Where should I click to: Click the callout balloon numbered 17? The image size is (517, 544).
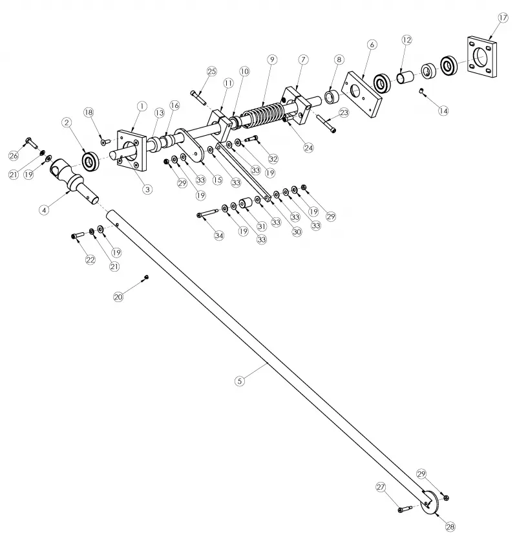click(503, 17)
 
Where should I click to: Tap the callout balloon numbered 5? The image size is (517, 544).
click(240, 381)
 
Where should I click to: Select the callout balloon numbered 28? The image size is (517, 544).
click(450, 527)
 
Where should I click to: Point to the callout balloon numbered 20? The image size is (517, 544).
click(118, 297)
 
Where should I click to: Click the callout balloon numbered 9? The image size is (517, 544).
click(272, 60)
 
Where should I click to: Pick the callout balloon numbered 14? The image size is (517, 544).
click(443, 111)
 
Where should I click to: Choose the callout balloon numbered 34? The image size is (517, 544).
click(219, 235)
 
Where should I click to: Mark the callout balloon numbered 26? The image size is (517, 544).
click(14, 156)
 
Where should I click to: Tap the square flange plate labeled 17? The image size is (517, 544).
click(481, 56)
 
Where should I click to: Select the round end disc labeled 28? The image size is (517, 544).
click(431, 503)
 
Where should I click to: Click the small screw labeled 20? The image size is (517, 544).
click(147, 277)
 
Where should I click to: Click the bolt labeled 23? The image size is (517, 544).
click(326, 124)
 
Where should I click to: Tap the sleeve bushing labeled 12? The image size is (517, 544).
click(405, 77)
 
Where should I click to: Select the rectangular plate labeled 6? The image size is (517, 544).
click(362, 94)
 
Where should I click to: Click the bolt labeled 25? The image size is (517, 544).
click(198, 97)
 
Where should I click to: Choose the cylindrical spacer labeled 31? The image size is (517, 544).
click(246, 203)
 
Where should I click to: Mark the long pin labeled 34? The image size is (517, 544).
click(207, 213)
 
